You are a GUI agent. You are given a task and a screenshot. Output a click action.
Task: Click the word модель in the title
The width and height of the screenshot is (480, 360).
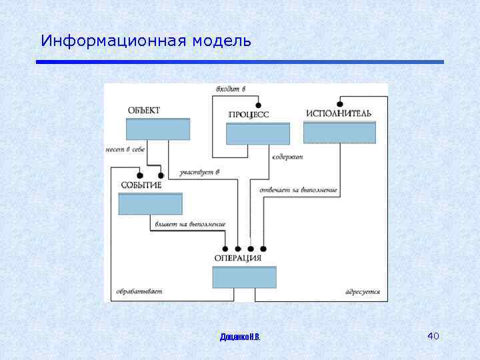tap(222, 41)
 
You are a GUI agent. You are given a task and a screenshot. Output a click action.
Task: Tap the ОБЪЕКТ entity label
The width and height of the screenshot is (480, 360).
tap(144, 111)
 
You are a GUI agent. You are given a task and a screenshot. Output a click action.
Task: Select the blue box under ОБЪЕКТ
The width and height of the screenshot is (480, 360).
tap(158, 129)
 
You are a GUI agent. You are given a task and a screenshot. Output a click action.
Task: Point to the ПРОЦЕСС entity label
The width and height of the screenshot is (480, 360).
tap(249, 115)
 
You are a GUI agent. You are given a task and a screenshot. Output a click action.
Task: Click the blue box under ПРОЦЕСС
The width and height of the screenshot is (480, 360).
tap(258, 133)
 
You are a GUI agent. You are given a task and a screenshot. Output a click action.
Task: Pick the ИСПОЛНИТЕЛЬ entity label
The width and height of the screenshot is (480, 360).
tap(339, 113)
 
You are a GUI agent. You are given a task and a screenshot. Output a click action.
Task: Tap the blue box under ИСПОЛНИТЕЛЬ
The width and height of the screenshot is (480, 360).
tap(339, 132)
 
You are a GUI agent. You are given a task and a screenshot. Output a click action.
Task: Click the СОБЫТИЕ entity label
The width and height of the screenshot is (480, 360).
tap(141, 185)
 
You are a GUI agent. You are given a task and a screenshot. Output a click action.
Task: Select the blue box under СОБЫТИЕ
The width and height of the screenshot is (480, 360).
tap(150, 203)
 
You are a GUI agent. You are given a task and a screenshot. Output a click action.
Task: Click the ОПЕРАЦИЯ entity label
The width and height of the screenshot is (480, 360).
tap(238, 258)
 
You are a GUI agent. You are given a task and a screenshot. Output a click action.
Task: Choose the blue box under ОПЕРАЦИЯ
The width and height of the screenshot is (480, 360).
tap(244, 277)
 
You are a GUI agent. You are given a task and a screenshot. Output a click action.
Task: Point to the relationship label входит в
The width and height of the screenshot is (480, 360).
tap(231, 89)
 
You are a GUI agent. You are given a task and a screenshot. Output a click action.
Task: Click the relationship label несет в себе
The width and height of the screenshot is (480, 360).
tap(125, 149)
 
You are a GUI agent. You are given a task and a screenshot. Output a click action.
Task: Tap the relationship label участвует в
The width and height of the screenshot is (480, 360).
tap(199, 173)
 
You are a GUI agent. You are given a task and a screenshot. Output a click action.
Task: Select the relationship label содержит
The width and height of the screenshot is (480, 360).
tap(287, 157)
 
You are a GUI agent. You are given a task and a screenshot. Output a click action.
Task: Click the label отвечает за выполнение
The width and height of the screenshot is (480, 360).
tap(298, 190)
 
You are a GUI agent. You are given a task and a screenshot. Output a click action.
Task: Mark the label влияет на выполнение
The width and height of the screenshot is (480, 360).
tap(189, 224)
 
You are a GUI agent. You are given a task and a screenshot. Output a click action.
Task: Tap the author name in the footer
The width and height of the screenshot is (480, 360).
tap(240, 337)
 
